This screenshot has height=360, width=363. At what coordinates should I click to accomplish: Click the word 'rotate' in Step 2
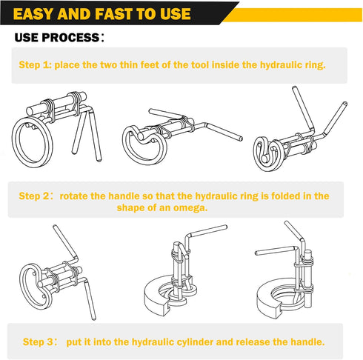pos(76,196)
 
